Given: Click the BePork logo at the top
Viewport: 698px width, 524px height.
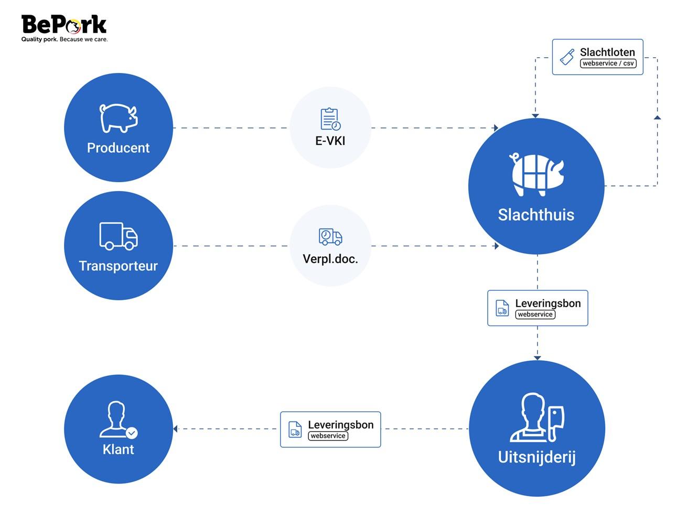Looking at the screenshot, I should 64,27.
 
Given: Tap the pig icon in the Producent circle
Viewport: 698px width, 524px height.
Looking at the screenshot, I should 119,118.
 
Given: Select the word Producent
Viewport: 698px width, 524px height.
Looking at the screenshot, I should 118,148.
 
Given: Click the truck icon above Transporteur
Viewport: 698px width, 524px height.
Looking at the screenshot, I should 119,236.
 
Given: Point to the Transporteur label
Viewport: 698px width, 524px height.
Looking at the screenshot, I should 118,266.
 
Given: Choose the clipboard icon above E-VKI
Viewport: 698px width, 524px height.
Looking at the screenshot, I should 330,119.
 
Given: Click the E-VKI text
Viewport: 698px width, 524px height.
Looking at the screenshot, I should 330,141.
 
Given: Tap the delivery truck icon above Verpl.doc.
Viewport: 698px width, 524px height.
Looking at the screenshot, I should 330,237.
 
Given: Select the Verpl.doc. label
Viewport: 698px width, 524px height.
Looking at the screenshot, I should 330,259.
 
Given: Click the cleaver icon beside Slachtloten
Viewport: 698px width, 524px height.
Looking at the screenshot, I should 567,57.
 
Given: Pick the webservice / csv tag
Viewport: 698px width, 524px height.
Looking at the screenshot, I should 608,64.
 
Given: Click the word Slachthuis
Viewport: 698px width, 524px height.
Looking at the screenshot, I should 536,215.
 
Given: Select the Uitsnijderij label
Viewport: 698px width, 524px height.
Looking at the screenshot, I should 536,457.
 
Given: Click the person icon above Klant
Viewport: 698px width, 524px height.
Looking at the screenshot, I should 118,420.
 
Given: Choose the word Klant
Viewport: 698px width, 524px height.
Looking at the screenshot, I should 118,449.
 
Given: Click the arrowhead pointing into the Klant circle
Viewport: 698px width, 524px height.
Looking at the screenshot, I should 176,429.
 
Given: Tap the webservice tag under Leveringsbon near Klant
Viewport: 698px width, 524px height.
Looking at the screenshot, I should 328,436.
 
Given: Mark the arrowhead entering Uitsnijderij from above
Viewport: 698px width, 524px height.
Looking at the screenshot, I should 537,358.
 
